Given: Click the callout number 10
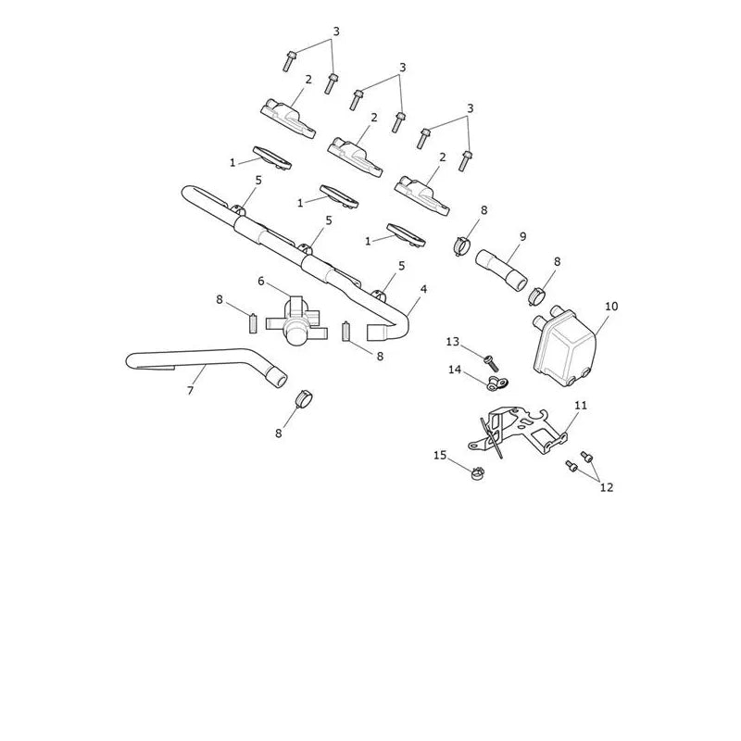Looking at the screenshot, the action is pyautogui.click(x=611, y=307).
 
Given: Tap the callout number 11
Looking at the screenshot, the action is pyautogui.click(x=581, y=406).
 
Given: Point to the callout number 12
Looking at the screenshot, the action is pyautogui.click(x=607, y=487).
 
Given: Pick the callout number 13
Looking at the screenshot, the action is pyautogui.click(x=452, y=341).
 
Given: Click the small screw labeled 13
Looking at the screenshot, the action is pyautogui.click(x=491, y=364).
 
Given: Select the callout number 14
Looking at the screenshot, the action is pyautogui.click(x=454, y=370).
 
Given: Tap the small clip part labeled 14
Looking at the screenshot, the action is pyautogui.click(x=496, y=383).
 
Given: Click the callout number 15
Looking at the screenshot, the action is pyautogui.click(x=439, y=455).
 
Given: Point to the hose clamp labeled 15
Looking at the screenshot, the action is pyautogui.click(x=478, y=472).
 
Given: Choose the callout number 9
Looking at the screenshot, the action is pyautogui.click(x=522, y=236).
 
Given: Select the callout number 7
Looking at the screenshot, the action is pyautogui.click(x=190, y=390).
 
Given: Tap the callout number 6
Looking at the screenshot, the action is pyautogui.click(x=261, y=282).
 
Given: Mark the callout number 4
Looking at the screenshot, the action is pyautogui.click(x=423, y=289).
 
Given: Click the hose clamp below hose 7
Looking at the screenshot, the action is pyautogui.click(x=305, y=399).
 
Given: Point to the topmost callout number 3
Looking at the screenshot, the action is pyautogui.click(x=336, y=31).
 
